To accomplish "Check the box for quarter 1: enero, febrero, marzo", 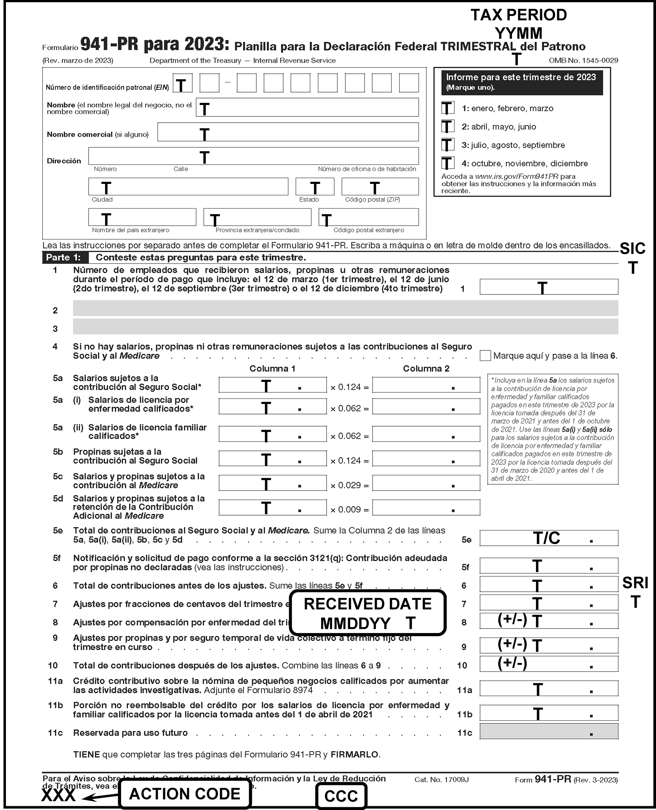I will point(448,108).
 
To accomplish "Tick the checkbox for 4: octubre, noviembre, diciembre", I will point(448,163).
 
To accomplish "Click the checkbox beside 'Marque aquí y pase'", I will point(485,356).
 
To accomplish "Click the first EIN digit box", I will point(183,83).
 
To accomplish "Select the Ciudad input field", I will point(188,187).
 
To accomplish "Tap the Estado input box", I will point(315,187).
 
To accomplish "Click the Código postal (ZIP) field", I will point(380,187).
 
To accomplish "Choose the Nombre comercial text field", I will point(288,132).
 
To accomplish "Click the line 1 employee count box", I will point(549,287).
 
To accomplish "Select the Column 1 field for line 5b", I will point(272,459).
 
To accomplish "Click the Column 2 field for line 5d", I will point(426,508).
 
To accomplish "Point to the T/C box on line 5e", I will point(549,538).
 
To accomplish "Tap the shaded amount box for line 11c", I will point(549,731).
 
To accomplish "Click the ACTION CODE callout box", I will point(185,794).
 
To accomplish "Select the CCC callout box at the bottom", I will point(341,796).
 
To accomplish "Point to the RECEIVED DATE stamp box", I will point(368,613).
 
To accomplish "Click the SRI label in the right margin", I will point(635,583).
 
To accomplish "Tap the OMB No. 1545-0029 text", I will point(583,60).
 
